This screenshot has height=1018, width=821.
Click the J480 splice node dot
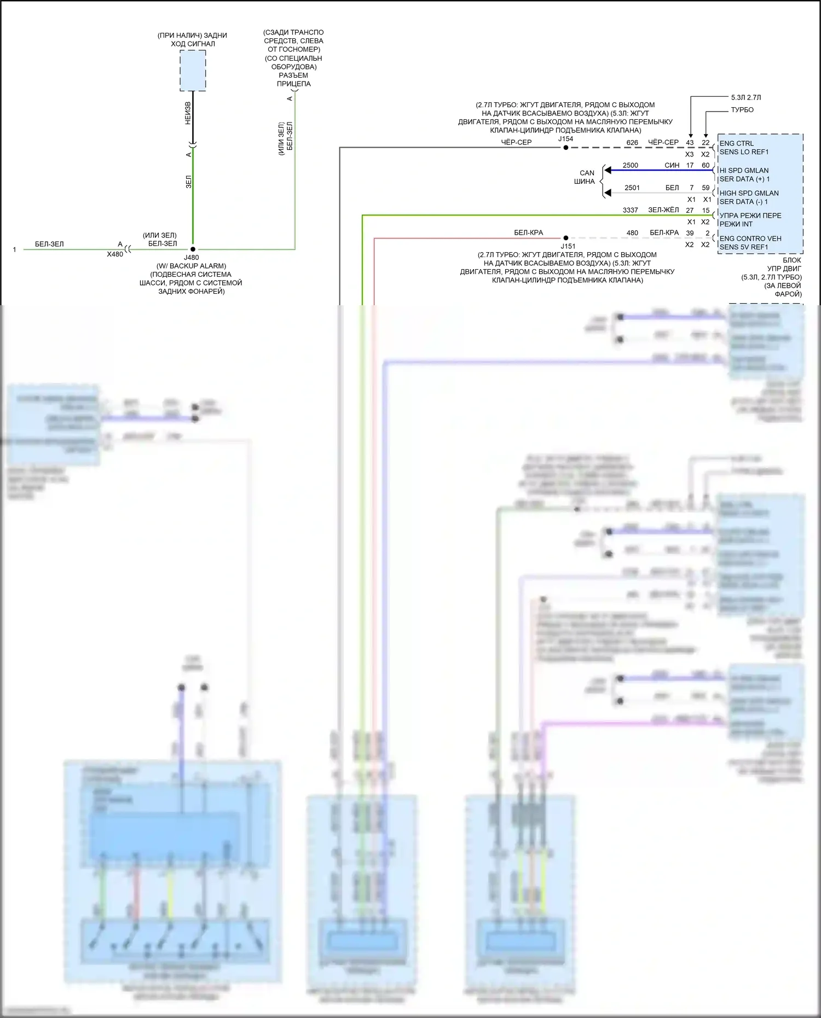[193, 249]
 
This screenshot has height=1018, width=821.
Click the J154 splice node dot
[566, 147]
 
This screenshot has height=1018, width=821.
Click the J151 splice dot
[566, 238]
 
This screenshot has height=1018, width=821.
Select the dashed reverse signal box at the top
[193, 71]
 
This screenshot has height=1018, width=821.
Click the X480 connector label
[115, 254]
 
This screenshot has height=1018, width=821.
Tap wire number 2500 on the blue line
[630, 165]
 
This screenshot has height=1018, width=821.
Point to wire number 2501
[632, 188]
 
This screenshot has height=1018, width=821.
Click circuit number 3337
[630, 210]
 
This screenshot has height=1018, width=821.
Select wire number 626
[632, 142]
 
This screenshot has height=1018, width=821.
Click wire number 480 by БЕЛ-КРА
[632, 232]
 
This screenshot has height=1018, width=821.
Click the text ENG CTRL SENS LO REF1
[744, 148]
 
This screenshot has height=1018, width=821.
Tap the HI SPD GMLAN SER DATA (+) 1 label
[744, 174]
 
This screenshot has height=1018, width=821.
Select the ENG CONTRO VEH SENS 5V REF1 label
[750, 242]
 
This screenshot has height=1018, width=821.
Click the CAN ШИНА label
[585, 177]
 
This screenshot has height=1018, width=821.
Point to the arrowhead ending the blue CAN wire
[607, 170]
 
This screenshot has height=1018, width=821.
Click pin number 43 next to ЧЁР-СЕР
[690, 142]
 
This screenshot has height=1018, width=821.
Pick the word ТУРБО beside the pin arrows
[742, 110]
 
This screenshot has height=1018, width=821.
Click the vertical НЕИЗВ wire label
[188, 113]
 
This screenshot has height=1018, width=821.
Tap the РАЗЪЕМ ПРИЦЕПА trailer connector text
[293, 79]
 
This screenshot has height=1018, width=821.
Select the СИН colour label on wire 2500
[672, 165]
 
